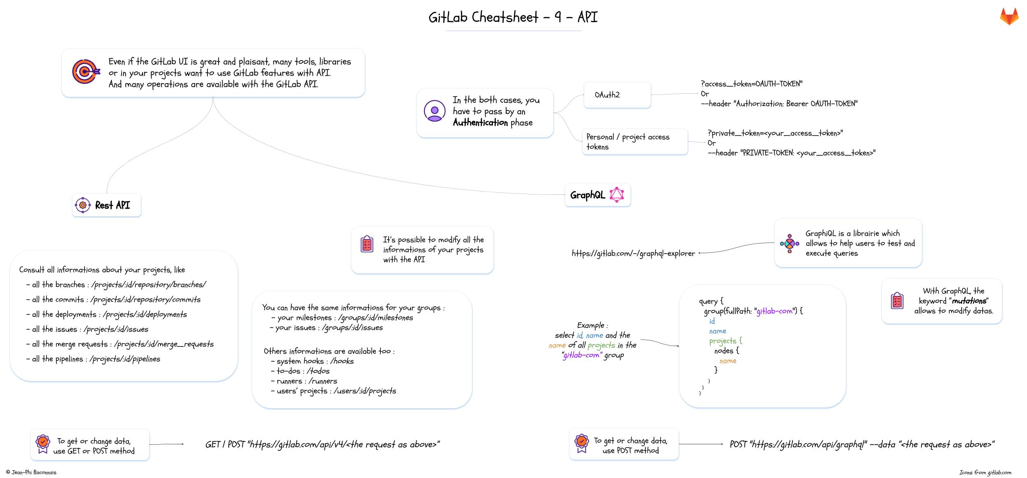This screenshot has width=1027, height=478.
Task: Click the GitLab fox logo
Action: pos(1009,17)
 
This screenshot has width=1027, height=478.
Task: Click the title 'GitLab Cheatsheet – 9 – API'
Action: pos(513,17)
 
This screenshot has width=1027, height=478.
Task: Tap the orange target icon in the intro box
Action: pos(85,72)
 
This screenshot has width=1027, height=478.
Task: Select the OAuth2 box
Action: pos(617,95)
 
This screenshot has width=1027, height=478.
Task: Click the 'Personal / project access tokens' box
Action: pos(635,142)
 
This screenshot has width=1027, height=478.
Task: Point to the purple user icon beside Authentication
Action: pos(435,111)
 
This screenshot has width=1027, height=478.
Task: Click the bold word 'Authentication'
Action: pos(480,122)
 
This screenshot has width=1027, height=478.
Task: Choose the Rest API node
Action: pos(106,205)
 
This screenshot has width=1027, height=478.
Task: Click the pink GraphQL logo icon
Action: pos(617,195)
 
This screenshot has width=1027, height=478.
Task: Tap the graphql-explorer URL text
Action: pos(633,254)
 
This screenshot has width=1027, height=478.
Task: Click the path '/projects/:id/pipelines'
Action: pos(125,359)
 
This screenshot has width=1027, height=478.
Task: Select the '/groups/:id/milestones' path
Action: pos(375,318)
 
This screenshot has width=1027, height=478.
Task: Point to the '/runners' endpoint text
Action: pos(323,381)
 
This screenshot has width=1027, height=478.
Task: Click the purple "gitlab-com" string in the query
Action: pos(774,311)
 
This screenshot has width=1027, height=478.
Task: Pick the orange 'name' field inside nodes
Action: pos(728,361)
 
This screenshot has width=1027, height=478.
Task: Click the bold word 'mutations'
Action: pos(969,301)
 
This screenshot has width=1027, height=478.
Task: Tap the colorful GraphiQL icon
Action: pos(789,243)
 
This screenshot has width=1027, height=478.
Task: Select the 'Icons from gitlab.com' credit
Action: pos(985,472)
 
